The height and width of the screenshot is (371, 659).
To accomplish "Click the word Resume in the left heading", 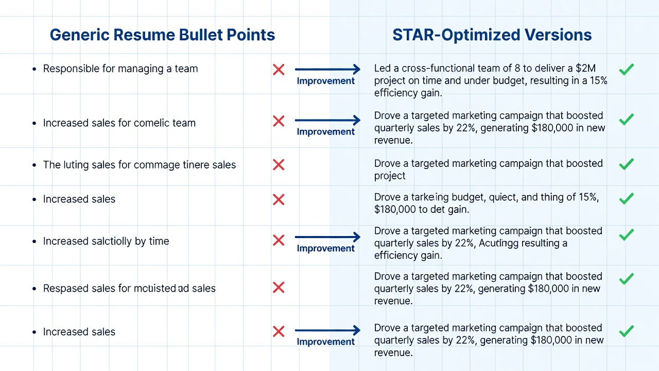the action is click(x=144, y=35).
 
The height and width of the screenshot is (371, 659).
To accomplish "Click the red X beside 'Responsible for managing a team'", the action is click(x=279, y=70).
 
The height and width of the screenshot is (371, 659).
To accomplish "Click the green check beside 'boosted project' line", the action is click(x=627, y=164).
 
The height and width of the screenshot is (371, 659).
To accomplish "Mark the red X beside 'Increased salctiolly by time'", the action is click(x=279, y=240).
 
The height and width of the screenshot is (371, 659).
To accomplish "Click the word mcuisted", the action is click(x=155, y=288).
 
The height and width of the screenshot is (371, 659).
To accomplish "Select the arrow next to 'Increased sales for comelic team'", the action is click(x=327, y=120).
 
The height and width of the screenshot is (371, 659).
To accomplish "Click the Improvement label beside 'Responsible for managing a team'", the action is click(x=325, y=81).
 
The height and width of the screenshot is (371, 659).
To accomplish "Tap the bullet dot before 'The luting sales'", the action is click(x=34, y=165).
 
